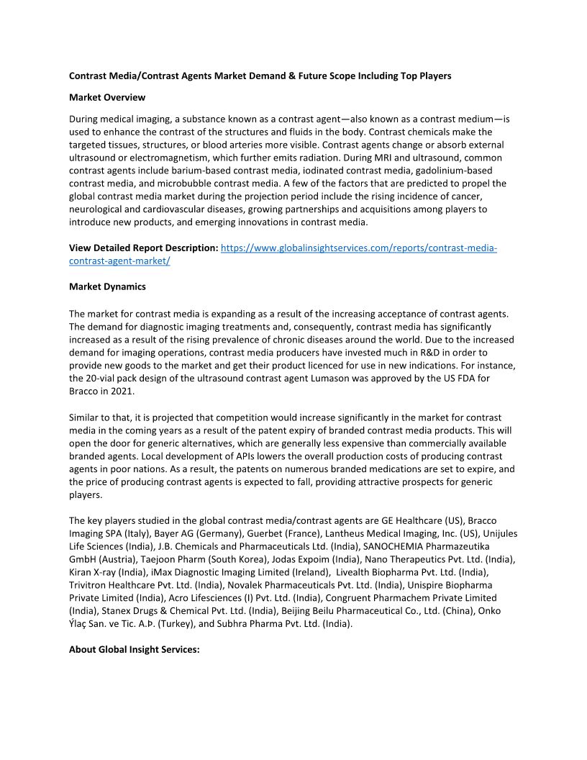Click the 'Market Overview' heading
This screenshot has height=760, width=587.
point(106,97)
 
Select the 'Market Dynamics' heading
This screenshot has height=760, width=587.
point(107,286)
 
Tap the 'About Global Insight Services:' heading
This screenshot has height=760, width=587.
point(134,649)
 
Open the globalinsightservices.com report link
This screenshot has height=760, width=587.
point(358,248)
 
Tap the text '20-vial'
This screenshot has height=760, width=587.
point(105,378)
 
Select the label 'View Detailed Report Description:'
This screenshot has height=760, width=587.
point(143,248)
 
